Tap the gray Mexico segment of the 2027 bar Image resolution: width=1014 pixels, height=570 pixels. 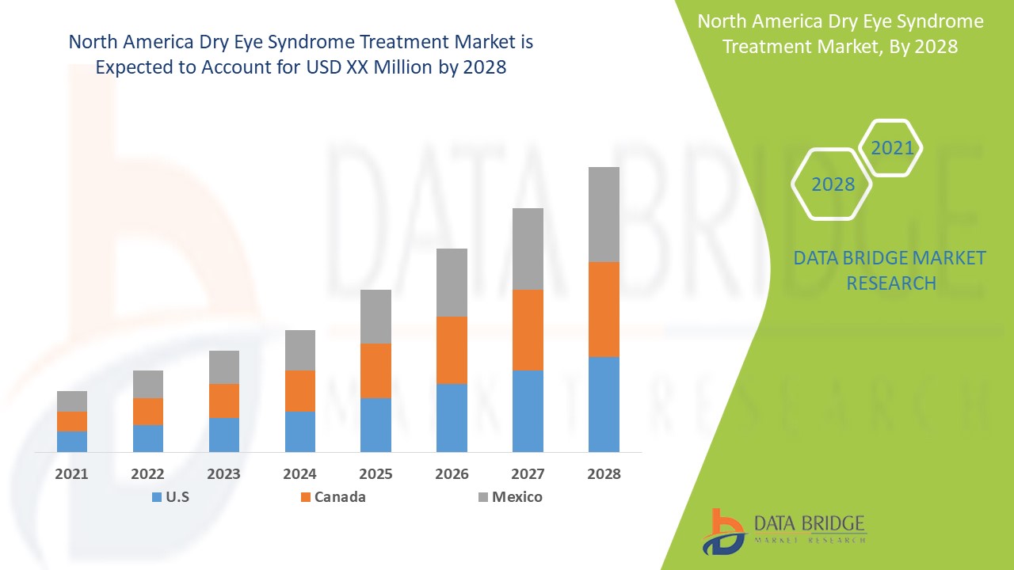528,249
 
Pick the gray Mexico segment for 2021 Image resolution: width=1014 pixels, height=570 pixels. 72,401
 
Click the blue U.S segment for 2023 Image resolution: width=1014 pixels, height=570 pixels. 224,435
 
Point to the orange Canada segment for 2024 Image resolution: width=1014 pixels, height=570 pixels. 300,390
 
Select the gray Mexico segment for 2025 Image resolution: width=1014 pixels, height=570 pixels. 375,316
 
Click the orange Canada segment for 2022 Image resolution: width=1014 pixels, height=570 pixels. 148,411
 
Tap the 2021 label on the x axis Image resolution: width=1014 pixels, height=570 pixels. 72,474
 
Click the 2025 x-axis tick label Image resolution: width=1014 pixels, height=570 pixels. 375,474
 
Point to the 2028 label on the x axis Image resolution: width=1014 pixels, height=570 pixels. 604,474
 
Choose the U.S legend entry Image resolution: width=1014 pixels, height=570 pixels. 170,497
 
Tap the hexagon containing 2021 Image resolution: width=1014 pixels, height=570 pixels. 891,148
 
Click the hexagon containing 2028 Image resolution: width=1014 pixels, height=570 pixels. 833,184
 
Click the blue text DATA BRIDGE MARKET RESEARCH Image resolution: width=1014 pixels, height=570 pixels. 890,270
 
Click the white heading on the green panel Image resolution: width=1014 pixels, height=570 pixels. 840,34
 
